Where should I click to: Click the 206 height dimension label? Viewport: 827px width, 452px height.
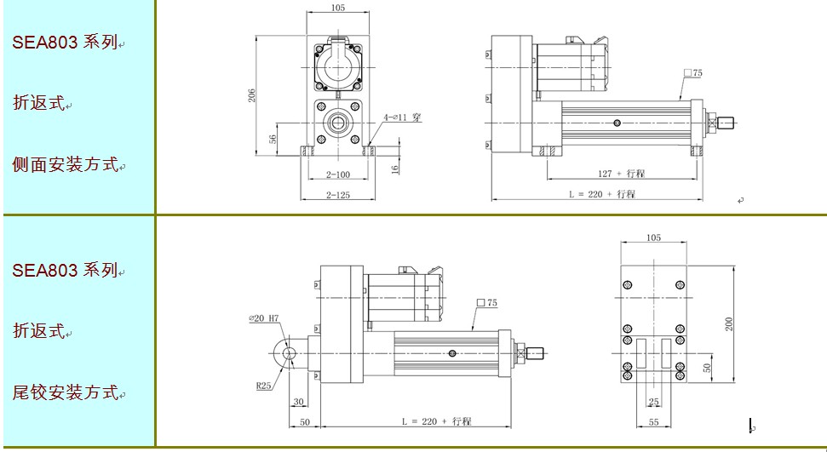[252, 95]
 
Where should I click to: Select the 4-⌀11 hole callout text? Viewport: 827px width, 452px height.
[402, 117]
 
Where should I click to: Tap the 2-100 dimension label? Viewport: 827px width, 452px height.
[338, 175]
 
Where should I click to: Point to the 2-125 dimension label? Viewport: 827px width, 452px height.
[338, 195]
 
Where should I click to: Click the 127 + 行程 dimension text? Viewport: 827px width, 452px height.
[621, 174]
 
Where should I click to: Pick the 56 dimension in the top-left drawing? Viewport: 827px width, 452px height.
[273, 140]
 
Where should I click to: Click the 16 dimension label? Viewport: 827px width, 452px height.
[395, 169]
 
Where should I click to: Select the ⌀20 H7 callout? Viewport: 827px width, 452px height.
[264, 318]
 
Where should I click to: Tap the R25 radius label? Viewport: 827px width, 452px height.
[264, 386]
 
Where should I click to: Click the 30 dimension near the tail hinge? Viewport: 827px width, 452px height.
[299, 402]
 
